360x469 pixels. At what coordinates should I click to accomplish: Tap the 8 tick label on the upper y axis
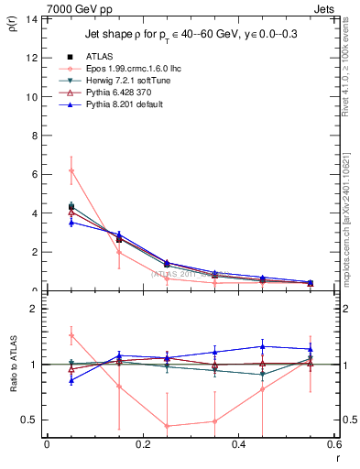[x=33, y=136]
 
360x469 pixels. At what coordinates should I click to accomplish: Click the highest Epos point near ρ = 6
[x=71, y=170]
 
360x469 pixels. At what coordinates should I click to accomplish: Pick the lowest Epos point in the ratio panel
[x=168, y=426]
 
